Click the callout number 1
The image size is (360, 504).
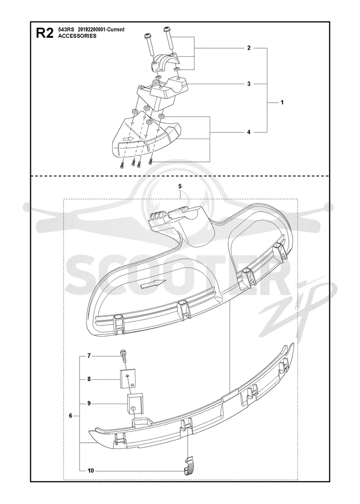click(x=282, y=103)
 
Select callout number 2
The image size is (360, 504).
click(x=249, y=48)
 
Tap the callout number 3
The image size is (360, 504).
click(x=249, y=84)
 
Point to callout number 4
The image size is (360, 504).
click(x=249, y=132)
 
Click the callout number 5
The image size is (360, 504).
click(x=180, y=186)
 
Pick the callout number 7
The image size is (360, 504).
click(x=90, y=356)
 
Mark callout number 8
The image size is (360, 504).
click(x=90, y=379)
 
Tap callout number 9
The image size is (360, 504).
click(x=90, y=403)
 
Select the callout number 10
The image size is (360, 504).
click(x=90, y=471)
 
